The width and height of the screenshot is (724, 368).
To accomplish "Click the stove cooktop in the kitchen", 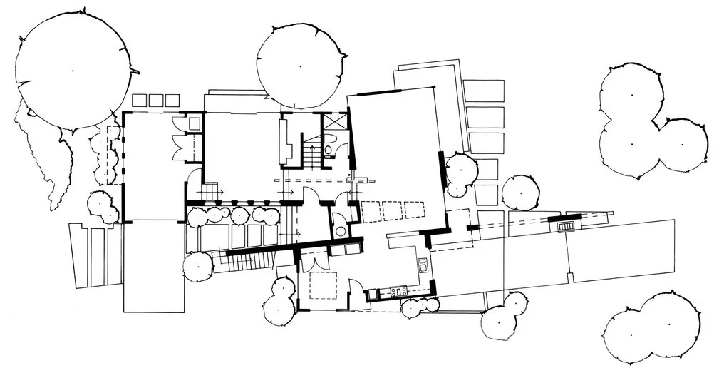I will click(396, 290).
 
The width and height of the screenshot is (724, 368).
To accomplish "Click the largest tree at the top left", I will click(73, 70).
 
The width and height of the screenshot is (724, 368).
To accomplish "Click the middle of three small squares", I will click(155, 100).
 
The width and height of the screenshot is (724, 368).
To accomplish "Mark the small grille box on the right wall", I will click(566, 226).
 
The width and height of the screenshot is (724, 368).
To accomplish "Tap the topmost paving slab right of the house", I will click(483, 91).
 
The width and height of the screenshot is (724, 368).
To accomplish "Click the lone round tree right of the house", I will click(520, 193).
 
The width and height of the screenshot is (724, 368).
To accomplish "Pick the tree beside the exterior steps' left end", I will click(198, 266).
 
